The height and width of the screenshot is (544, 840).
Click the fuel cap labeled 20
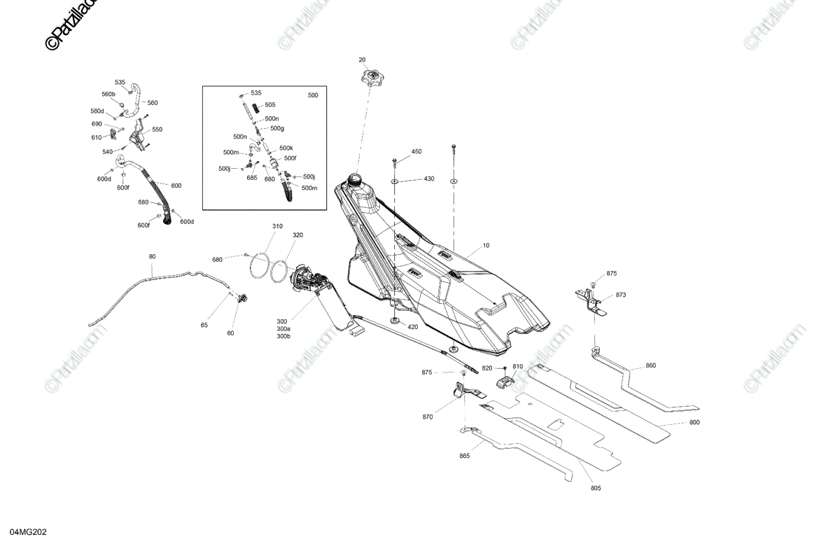click(371, 78)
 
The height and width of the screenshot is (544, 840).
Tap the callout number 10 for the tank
click(486, 245)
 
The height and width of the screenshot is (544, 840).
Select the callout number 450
click(416, 151)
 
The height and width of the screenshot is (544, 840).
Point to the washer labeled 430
click(395, 181)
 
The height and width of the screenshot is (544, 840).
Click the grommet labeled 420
click(395, 321)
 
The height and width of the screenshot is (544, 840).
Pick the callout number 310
click(277, 226)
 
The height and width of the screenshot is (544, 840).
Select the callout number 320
click(297, 235)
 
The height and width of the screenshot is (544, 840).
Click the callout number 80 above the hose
click(153, 257)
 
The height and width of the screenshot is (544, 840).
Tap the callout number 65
click(204, 325)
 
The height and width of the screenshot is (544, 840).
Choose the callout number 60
click(230, 333)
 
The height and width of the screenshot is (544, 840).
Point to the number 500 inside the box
click(313, 95)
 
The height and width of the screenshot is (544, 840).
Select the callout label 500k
click(286, 148)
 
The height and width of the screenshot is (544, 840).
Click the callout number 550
click(157, 130)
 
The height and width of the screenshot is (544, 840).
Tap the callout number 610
click(97, 138)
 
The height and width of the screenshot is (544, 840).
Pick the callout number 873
click(621, 295)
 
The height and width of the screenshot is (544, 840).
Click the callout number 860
click(650, 365)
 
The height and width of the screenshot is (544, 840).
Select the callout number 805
click(596, 488)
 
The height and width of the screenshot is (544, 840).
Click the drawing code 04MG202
click(29, 532)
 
